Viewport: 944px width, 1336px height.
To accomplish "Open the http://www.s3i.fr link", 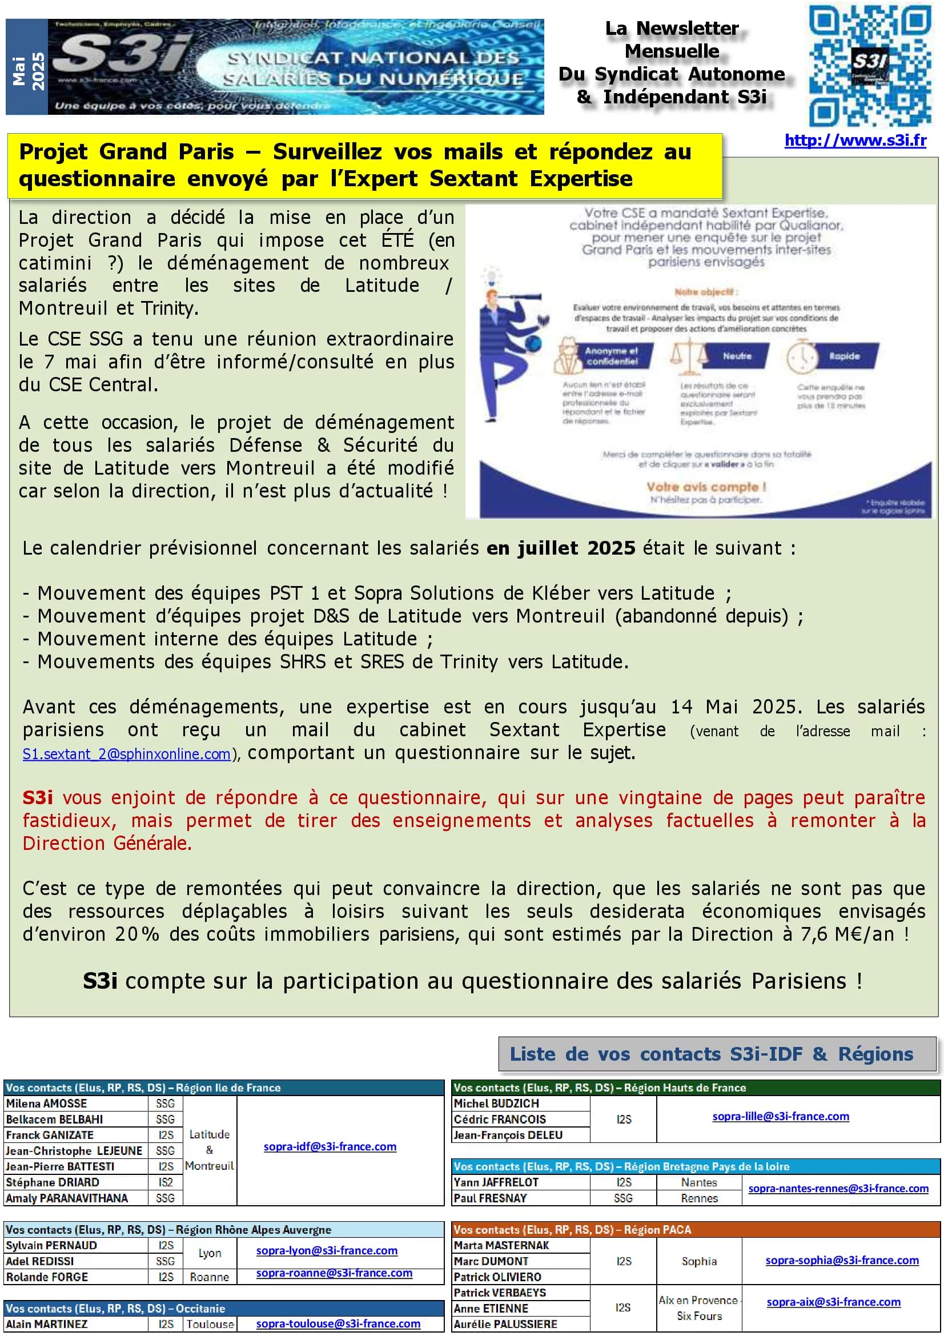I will [x=855, y=141].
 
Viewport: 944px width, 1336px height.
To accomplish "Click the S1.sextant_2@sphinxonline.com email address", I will [x=127, y=754].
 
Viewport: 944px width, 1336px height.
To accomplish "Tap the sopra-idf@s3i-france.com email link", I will [x=330, y=1146].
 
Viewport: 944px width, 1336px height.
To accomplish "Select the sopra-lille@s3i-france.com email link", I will [x=781, y=1116].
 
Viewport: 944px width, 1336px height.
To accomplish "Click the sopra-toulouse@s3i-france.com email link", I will [x=338, y=1323].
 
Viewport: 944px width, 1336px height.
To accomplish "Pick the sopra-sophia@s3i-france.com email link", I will [x=842, y=1260].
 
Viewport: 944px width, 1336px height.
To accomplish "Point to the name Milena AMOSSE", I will [x=46, y=1104].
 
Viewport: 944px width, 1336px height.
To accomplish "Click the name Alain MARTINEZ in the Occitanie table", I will [x=46, y=1324].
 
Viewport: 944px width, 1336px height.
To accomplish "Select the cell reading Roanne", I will [x=210, y=1277].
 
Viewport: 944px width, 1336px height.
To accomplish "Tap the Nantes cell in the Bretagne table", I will [x=699, y=1182].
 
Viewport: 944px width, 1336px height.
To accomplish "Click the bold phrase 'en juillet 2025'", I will [x=561, y=548].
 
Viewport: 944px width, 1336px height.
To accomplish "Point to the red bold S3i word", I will [x=38, y=797].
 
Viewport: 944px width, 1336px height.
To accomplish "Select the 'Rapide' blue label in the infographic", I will [x=845, y=356].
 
